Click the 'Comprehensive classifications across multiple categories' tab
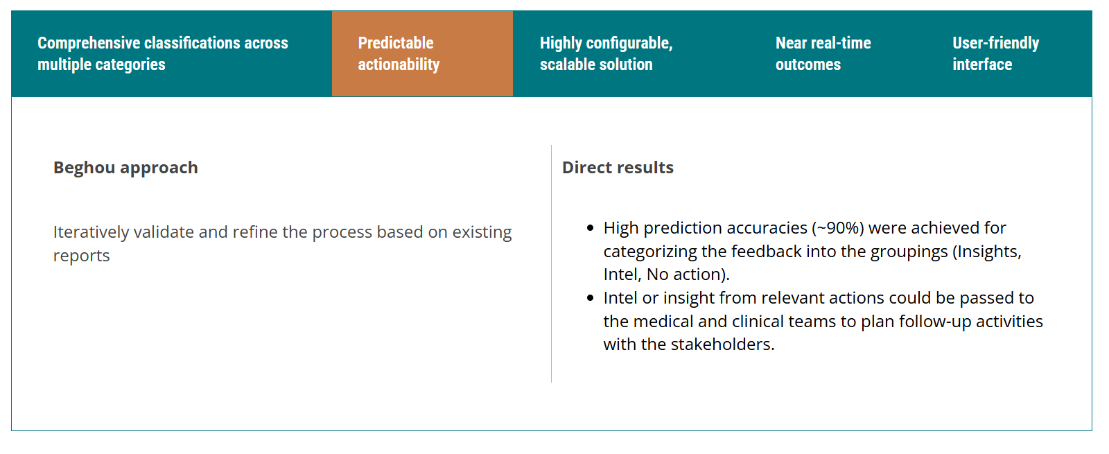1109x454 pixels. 163,53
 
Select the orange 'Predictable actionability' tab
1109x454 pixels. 422,53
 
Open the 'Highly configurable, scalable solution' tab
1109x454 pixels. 606,53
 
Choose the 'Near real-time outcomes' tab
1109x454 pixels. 823,53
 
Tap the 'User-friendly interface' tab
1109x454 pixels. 995,53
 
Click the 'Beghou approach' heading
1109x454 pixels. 125,168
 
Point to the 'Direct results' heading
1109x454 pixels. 618,167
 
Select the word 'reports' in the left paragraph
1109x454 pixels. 82,256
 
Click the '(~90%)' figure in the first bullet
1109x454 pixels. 838,228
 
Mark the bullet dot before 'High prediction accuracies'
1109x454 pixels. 590,228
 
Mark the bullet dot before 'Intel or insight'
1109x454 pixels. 590,298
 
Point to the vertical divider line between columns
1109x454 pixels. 551,263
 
